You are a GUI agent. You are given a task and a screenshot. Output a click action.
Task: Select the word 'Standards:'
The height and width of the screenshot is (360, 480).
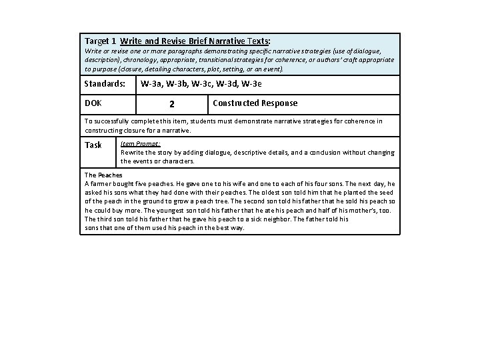point(105,85)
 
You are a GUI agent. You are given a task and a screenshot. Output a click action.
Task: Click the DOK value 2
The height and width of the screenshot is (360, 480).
point(172,104)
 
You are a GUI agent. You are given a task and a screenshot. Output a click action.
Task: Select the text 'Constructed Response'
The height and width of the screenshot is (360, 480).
point(255,103)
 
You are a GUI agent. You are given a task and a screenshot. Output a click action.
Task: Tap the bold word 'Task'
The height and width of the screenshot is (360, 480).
point(93,145)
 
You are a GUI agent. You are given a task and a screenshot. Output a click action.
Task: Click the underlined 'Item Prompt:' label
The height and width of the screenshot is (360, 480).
point(140,143)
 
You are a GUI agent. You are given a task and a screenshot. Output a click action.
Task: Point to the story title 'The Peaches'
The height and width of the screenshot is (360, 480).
point(103,175)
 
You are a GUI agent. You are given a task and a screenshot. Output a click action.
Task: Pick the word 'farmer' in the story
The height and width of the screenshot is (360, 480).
point(100,183)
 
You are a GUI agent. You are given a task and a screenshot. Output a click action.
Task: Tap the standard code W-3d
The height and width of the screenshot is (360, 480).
point(225,85)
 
